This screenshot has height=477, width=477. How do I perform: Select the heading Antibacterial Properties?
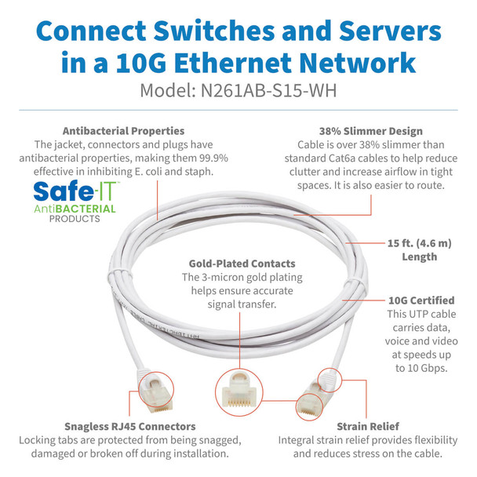(x=123, y=131)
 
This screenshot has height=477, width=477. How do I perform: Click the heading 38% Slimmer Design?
(x=360, y=131)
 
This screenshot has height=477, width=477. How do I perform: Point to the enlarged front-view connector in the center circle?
(x=238, y=388)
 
